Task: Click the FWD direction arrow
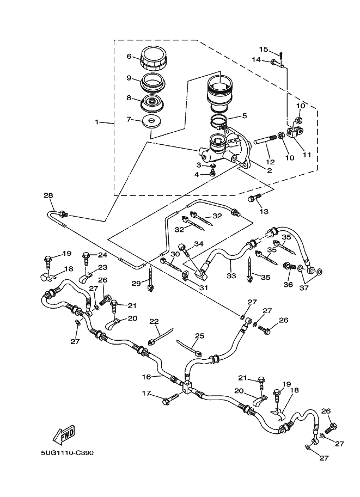pyautogui.click(x=63, y=434)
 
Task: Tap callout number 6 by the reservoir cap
pyautogui.click(x=130, y=57)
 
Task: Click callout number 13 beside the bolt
pyautogui.click(x=265, y=211)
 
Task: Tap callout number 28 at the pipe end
pyautogui.click(x=48, y=195)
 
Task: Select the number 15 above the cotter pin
pyautogui.click(x=264, y=50)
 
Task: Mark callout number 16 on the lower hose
pyautogui.click(x=147, y=376)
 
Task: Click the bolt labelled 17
pyautogui.click(x=168, y=401)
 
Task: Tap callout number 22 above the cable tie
pyautogui.click(x=154, y=322)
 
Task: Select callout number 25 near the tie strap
pyautogui.click(x=199, y=335)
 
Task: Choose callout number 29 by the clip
pyautogui.click(x=136, y=283)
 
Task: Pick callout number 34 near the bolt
pyautogui.click(x=199, y=244)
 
